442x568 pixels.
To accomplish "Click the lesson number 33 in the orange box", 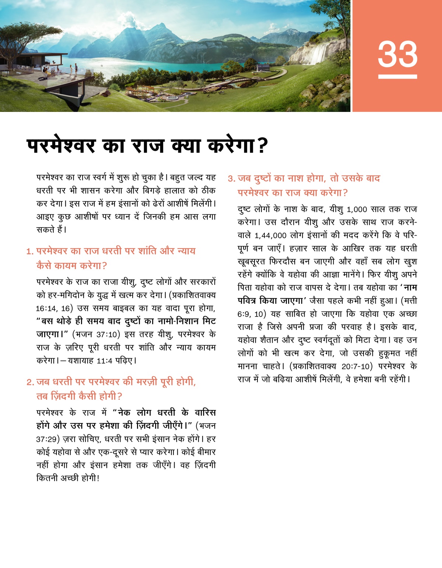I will tap(397, 54).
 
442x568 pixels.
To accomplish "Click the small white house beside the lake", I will tap(263, 68).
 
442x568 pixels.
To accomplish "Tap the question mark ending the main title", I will tap(262, 146).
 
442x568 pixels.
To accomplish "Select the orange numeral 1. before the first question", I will tap(30, 251).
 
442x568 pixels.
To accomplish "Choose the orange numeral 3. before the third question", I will tap(231, 179).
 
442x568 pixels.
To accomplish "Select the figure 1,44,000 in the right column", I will tap(270, 236).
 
